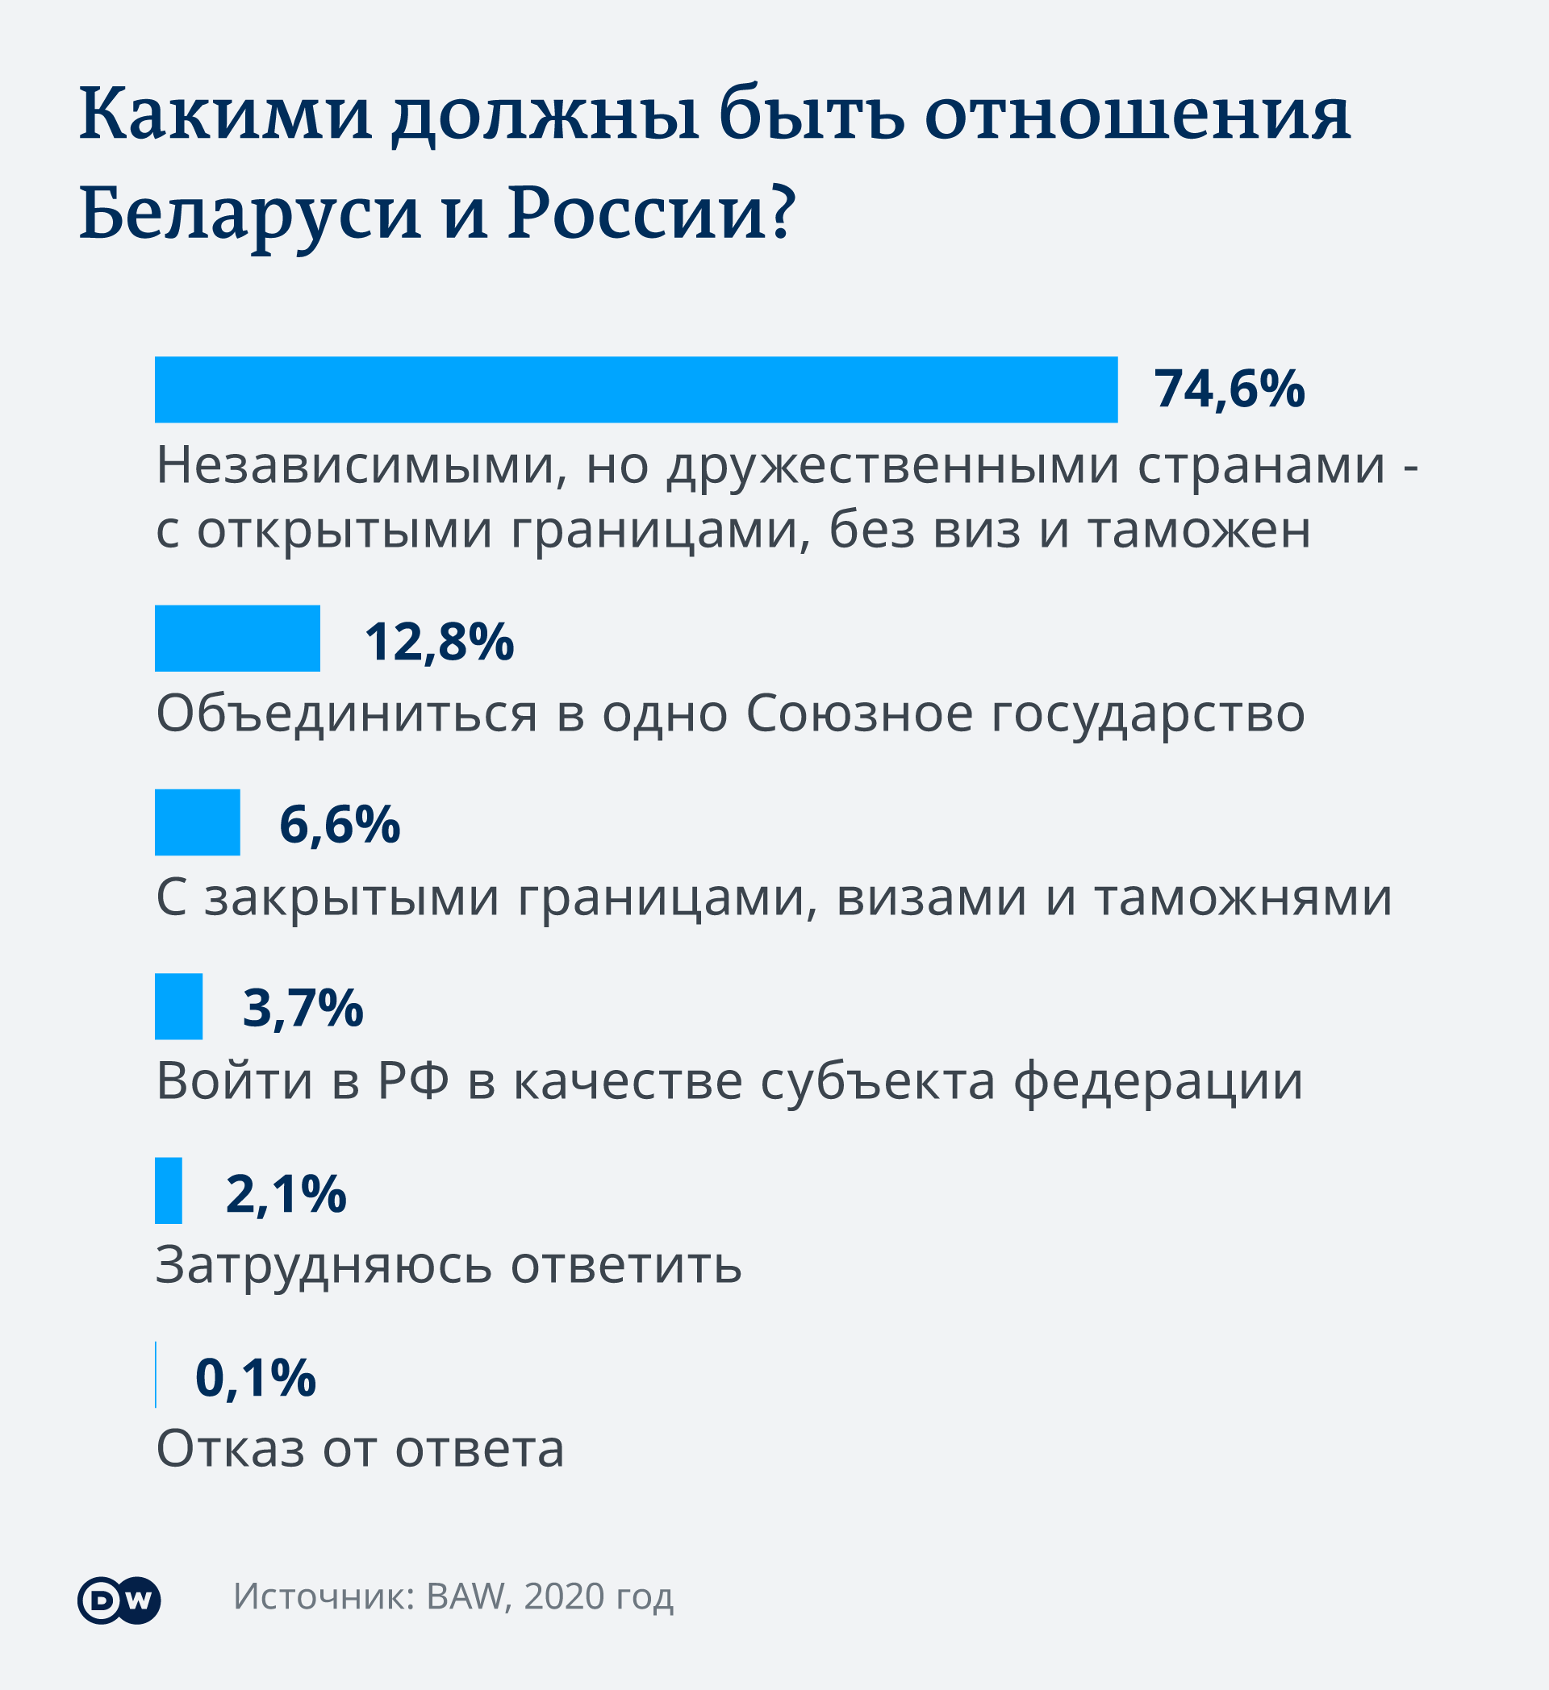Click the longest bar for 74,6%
[636, 389]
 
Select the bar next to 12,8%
[237, 638]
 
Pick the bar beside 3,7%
[178, 1006]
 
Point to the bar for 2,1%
[169, 1190]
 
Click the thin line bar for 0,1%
[156, 1375]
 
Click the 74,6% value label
[1230, 389]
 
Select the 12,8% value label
[439, 642]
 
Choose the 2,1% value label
[286, 1194]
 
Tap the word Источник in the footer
[324, 1597]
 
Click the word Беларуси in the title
[250, 214]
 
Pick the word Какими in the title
[226, 114]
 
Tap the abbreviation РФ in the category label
[413, 1081]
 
